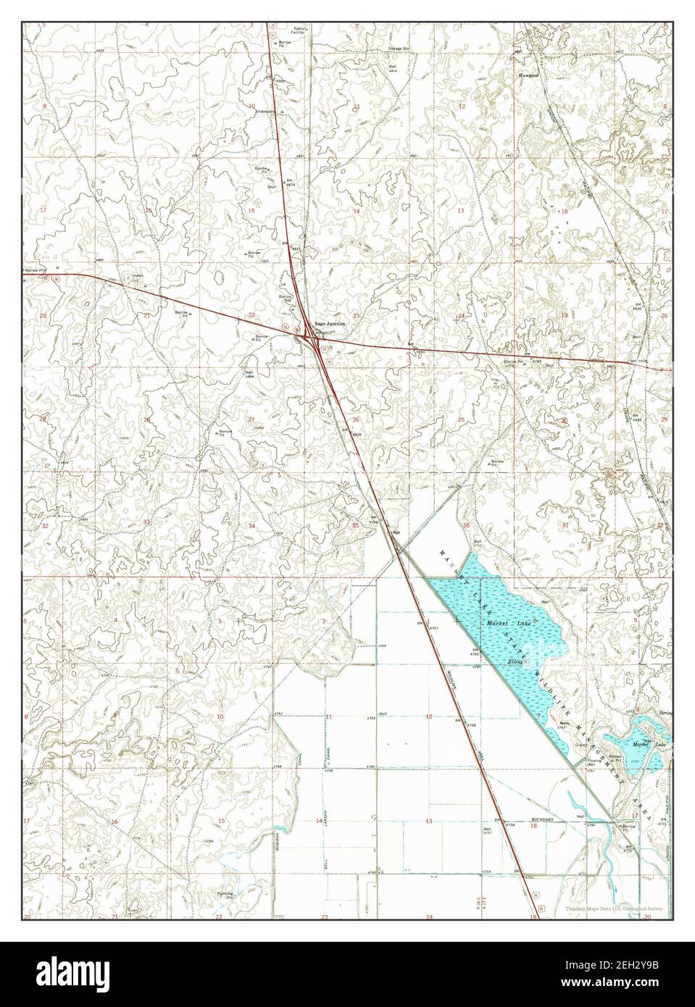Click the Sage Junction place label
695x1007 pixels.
pyautogui.click(x=330, y=324)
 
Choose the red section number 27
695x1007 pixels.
pyautogui.click(x=251, y=419)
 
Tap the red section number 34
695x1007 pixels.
pyautogui.click(x=251, y=525)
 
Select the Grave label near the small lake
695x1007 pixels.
pyautogui.click(x=580, y=743)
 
